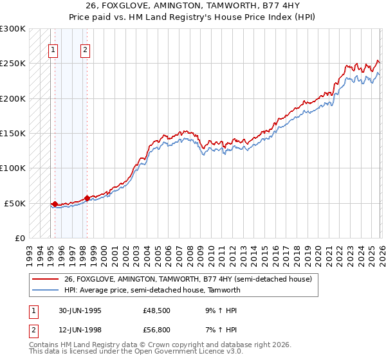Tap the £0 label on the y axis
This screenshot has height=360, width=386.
click(x=21, y=238)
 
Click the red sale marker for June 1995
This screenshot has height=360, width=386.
click(x=55, y=204)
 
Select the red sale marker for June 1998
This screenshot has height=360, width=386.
click(x=87, y=198)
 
